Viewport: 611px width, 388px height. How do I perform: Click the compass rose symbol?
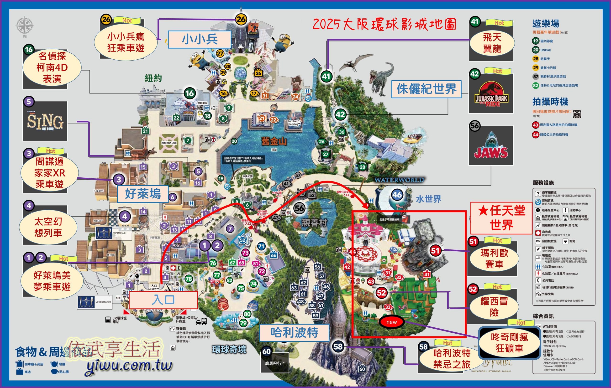point(24,26)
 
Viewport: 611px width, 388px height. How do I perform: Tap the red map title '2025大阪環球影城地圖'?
point(384,25)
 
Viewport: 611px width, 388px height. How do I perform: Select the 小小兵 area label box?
point(200,39)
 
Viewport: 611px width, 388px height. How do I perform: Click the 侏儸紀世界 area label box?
point(426,89)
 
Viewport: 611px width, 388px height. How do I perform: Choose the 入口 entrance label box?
point(163,300)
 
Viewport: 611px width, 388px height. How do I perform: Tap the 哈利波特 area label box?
point(294,332)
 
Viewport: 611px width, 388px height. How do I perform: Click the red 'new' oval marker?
point(391,322)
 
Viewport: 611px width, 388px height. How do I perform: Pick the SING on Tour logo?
point(45,122)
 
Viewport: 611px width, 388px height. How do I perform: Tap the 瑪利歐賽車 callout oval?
point(494,259)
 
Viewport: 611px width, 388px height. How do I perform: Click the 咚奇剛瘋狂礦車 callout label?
point(509,343)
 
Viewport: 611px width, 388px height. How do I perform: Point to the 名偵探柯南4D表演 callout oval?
point(52,67)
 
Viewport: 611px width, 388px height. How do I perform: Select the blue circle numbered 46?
point(397,195)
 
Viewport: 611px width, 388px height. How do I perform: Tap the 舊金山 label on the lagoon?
point(274,141)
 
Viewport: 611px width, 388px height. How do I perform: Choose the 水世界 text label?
point(429,199)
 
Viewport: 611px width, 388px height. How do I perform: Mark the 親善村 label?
point(314,223)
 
